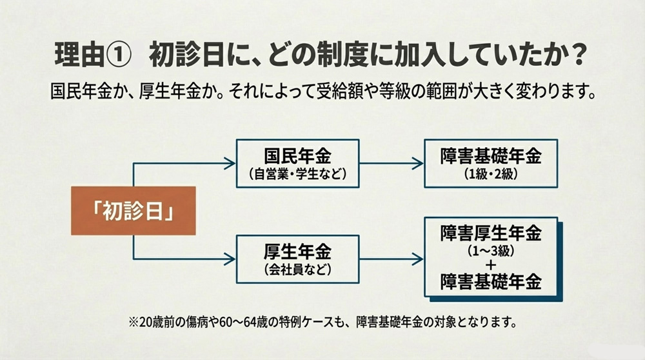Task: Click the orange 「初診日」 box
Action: [x=133, y=210]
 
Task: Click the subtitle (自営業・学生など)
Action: [x=297, y=174]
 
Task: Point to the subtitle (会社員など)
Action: [x=297, y=268]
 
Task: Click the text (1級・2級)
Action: [x=491, y=174]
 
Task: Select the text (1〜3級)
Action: [x=491, y=248]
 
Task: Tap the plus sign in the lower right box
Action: [x=491, y=263]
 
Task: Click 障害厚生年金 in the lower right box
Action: [x=491, y=232]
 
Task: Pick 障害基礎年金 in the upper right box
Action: [x=491, y=157]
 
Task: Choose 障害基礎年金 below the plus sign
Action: [x=491, y=281]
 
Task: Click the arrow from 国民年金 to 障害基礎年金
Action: [x=391, y=164]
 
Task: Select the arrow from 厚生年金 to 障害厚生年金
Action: [x=391, y=259]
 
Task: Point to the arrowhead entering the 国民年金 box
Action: [x=230, y=164]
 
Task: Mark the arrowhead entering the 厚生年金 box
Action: [x=230, y=259]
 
